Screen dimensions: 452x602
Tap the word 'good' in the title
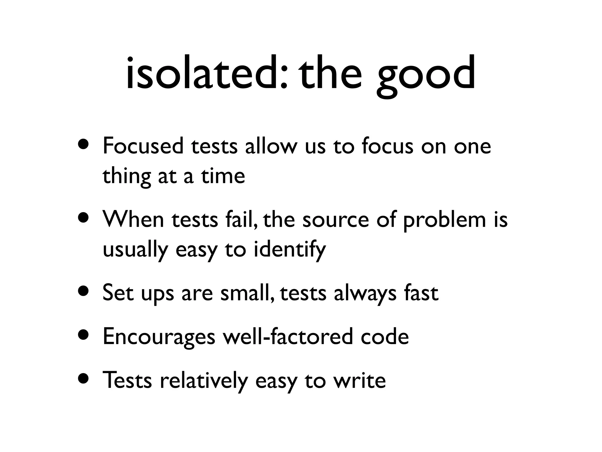point(426,75)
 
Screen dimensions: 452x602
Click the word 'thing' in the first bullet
point(126,177)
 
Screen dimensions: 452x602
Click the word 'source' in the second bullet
point(335,220)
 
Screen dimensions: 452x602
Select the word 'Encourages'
point(159,337)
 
